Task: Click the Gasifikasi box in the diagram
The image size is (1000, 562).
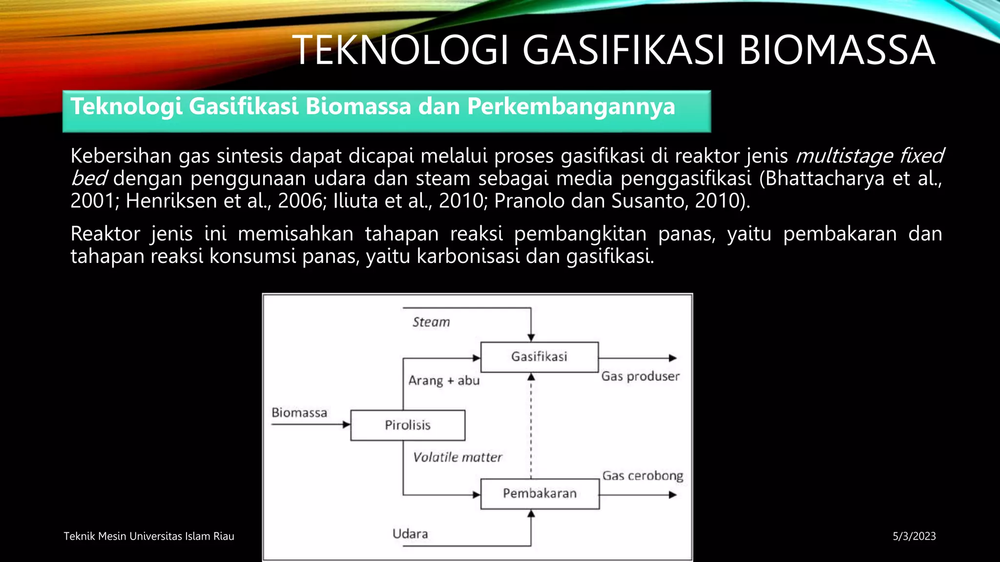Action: coord(539,357)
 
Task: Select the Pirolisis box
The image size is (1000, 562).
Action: coord(408,425)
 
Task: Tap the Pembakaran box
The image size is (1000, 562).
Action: coord(540,494)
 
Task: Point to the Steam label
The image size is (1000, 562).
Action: coord(431,322)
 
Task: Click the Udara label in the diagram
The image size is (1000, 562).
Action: coord(410,534)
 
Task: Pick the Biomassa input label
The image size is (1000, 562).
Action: coord(299,413)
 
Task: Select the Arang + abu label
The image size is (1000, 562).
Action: coord(444,381)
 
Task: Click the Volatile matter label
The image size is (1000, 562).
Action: coord(458,457)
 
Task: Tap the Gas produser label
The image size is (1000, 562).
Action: coord(640,376)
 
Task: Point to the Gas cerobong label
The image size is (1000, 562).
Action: coord(643,476)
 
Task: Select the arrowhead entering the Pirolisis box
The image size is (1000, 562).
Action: coord(346,425)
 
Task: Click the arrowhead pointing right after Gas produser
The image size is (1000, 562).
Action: coord(672,358)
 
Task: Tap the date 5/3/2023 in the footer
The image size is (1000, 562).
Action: coord(914,536)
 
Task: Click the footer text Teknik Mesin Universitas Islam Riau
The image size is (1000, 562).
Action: coord(149,536)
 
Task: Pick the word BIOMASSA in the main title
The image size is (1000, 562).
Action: coord(836,50)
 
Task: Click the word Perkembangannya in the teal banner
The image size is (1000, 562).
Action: coord(571,106)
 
